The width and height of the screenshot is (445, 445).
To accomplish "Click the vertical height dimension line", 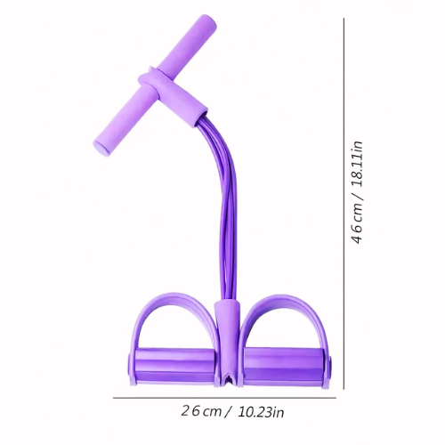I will pyautogui.click(x=344, y=205).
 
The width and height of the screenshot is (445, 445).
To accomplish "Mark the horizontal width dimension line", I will pyautogui.click(x=222, y=398).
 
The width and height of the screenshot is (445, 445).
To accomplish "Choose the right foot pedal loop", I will pyautogui.click(x=284, y=316).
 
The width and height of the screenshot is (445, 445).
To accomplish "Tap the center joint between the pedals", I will pyautogui.click(x=226, y=343).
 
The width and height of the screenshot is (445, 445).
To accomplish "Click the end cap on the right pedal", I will pyautogui.click(x=328, y=368).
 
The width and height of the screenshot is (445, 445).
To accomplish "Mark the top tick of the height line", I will pyautogui.click(x=344, y=19).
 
